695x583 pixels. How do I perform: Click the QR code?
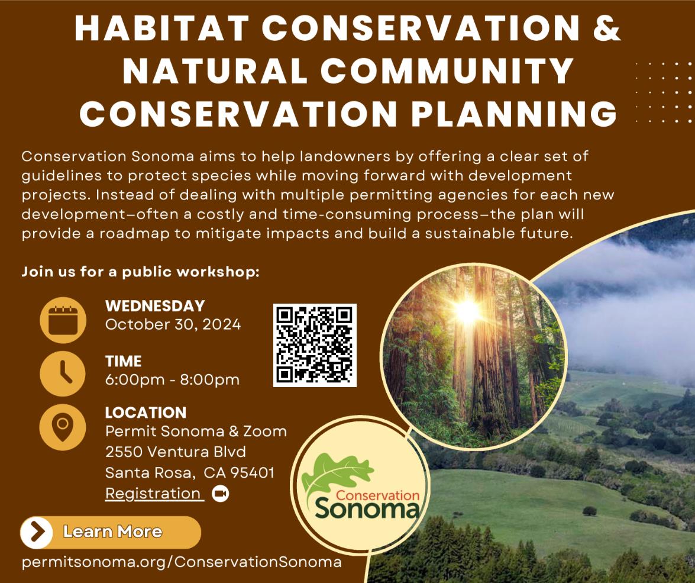(315, 345)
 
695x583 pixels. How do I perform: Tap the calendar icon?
(63, 320)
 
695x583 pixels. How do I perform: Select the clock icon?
(63, 373)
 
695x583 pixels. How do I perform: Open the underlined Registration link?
(153, 493)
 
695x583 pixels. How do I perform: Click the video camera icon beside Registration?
(220, 493)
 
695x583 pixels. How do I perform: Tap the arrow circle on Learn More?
(37, 532)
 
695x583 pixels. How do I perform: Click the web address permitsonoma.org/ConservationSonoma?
(182, 562)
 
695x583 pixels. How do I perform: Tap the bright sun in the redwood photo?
(467, 310)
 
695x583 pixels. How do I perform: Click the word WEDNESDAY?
(155, 306)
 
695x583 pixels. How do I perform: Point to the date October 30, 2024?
(173, 324)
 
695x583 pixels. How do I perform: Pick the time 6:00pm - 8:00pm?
(172, 379)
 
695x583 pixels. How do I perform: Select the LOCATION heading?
(146, 413)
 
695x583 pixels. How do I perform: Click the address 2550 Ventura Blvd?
(175, 452)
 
